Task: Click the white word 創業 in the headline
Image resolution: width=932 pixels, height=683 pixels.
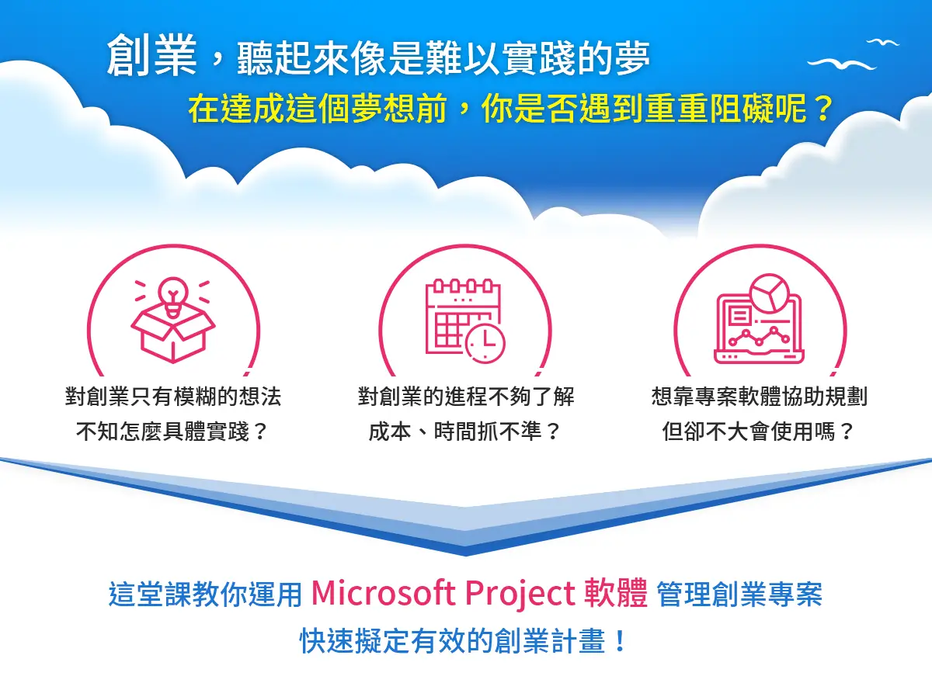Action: (x=151, y=55)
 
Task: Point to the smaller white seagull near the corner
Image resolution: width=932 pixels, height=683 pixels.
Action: (x=884, y=42)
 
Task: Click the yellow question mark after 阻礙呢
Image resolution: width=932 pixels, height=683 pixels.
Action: (x=822, y=109)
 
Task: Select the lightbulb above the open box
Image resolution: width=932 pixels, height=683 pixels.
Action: (x=173, y=296)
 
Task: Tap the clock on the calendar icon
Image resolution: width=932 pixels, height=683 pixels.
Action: (x=485, y=344)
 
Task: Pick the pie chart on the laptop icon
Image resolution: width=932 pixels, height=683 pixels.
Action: (x=770, y=293)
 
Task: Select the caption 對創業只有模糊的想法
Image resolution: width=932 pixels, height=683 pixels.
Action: (x=173, y=396)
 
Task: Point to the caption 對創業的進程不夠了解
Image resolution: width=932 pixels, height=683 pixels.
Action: (x=466, y=396)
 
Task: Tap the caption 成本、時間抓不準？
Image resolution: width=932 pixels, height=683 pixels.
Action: (x=465, y=432)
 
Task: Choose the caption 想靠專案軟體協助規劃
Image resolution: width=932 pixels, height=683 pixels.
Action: (x=760, y=396)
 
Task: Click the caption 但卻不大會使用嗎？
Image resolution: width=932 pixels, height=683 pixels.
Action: (x=759, y=432)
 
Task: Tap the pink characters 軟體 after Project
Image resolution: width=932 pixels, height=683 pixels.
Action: (x=616, y=593)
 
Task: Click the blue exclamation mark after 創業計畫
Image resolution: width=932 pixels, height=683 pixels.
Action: (x=620, y=640)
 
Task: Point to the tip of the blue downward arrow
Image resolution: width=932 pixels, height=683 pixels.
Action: (x=466, y=556)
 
